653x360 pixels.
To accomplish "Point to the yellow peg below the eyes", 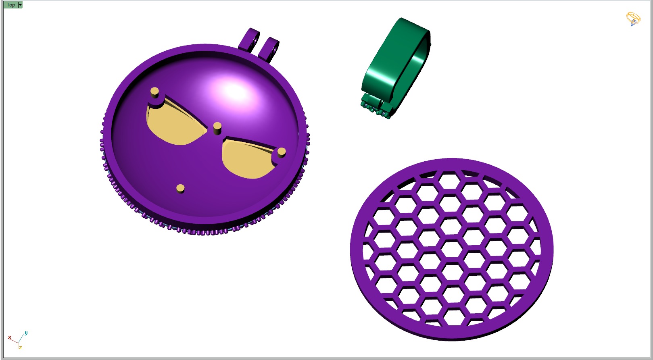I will coord(180,188).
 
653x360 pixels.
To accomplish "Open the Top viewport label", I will coord(10,5).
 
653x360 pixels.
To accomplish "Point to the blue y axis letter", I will coord(26,333).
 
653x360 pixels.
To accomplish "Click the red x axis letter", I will coord(10,337).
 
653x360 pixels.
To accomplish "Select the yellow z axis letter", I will coord(20,348).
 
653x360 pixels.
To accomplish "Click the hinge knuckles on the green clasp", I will coord(375,106).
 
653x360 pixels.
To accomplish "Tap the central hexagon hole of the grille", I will coord(452,250).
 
